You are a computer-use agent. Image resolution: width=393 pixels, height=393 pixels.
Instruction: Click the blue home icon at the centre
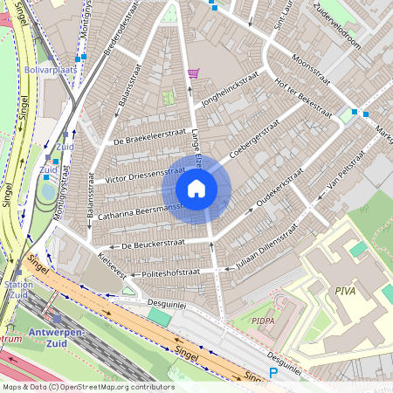pyautogui.click(x=196, y=189)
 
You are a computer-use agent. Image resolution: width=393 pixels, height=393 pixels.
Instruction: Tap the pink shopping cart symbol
pyautogui.click(x=193, y=73)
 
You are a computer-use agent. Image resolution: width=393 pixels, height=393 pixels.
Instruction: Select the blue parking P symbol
pyautogui.click(x=272, y=373)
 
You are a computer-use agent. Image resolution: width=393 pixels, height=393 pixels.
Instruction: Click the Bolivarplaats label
pyautogui.click(x=51, y=67)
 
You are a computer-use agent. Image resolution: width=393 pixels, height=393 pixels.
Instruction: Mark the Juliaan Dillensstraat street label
pyautogui.click(x=261, y=252)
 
